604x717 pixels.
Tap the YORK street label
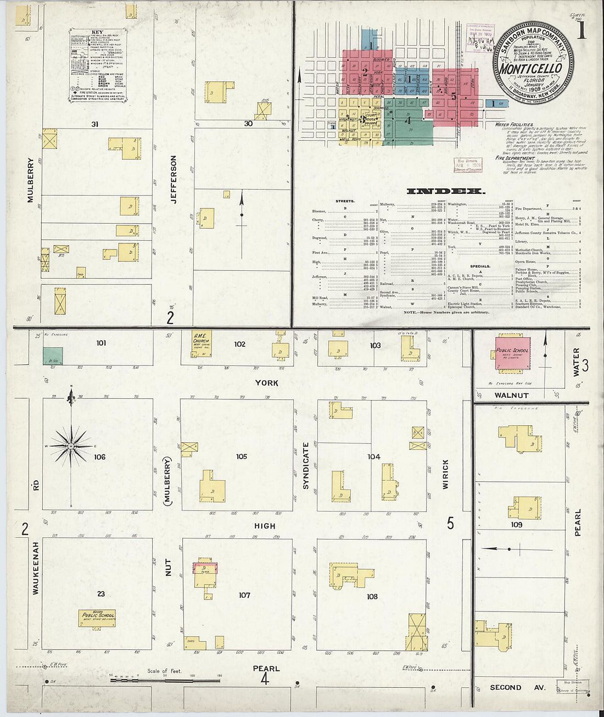pos(266,383)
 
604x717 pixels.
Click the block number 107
pos(244,595)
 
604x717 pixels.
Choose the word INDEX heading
pos(445,191)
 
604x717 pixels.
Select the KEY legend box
pos(98,65)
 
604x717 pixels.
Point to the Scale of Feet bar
pos(165,680)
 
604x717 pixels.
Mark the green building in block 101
pos(53,356)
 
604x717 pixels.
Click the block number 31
pos(95,124)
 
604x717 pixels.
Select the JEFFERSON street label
pos(174,179)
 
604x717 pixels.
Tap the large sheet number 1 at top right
pos(581,30)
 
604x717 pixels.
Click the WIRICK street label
pos(445,475)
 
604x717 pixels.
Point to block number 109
pos(516,525)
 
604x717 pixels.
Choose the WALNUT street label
pos(511,395)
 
